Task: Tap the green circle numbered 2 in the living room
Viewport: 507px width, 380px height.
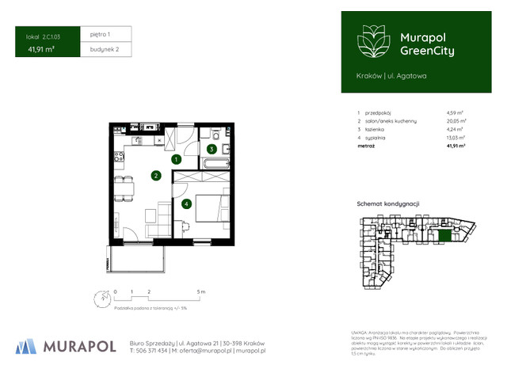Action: click(156, 176)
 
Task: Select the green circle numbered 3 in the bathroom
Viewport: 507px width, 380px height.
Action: click(212, 148)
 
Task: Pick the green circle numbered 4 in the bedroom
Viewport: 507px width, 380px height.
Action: click(185, 203)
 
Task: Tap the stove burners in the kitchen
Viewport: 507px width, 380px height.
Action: click(119, 158)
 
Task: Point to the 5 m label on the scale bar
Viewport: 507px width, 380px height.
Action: click(201, 292)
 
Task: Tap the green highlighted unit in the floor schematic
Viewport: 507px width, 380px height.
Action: click(445, 235)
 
